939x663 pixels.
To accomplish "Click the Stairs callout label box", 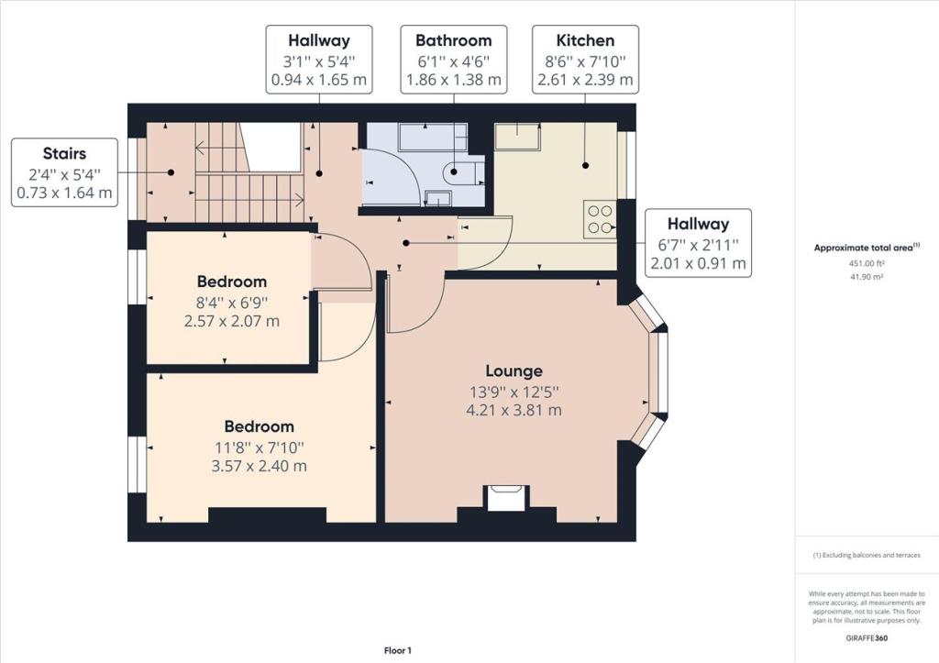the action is pos(65,172).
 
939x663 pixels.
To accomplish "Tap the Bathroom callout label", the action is pos(454,60).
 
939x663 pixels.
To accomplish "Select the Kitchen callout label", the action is pos(586,60).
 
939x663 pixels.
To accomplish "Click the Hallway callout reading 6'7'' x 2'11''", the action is pos(698,243).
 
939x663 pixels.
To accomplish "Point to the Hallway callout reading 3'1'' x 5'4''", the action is pos(319,60).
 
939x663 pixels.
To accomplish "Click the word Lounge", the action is pos(514,371).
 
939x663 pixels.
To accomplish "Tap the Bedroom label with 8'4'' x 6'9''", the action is pos(232,301).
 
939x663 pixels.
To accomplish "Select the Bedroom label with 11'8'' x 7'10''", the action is pos(260,446).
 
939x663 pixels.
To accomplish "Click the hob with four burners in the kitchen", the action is pos(600,219).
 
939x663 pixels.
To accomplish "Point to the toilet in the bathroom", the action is pos(460,172).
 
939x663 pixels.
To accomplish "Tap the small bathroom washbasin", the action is pos(438,198).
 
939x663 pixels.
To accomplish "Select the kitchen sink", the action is pos(516,137).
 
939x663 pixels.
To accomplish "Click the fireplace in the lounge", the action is pos(506,498).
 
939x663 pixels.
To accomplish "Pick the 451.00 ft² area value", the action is pos(867,263).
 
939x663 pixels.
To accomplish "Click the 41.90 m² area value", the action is pos(867,277).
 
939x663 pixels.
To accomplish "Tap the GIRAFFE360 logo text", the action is pos(867,638).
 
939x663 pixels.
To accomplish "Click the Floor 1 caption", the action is pos(398,650).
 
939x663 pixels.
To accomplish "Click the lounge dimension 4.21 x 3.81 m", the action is pos(514,410).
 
